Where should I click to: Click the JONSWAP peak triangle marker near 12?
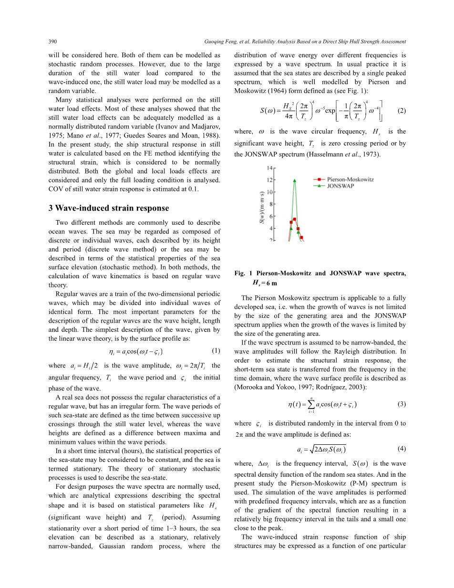coord(295,180)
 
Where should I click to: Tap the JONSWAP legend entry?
coord(340,186)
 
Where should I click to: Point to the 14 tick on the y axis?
coord(269,168)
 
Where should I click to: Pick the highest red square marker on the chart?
coord(295,219)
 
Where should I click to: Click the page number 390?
coord(53,42)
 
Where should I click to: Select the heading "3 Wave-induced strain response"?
coord(109,208)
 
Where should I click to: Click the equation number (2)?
coord(401,111)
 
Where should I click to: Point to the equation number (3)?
coord(401,404)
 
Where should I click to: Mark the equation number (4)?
coord(401,449)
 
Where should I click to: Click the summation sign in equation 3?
coord(311,404)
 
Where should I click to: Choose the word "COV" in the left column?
coord(56,189)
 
